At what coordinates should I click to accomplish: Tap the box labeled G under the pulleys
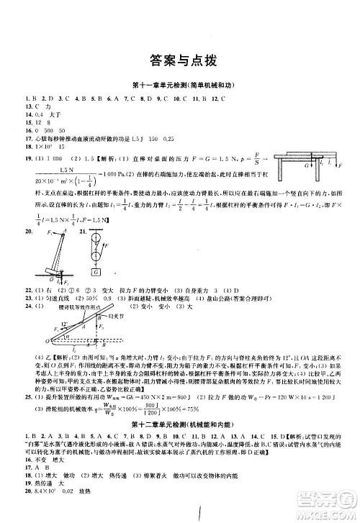click(94, 273)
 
